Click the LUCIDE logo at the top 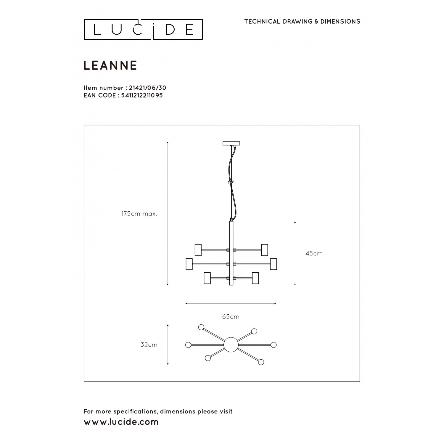[143, 29]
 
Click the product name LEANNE [110, 65]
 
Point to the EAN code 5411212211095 [142, 95]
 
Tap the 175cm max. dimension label [139, 214]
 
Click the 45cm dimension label [314, 253]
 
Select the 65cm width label [231, 317]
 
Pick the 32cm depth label [149, 345]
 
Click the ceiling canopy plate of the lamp [231, 144]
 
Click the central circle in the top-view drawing [231, 345]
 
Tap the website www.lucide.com [121, 422]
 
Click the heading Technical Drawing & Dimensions [302, 21]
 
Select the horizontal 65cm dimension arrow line [231, 304]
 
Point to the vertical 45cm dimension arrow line [295, 253]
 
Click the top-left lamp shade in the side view [198, 250]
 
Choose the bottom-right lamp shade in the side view [255, 278]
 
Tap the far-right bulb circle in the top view [274, 345]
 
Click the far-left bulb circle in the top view [188, 345]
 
